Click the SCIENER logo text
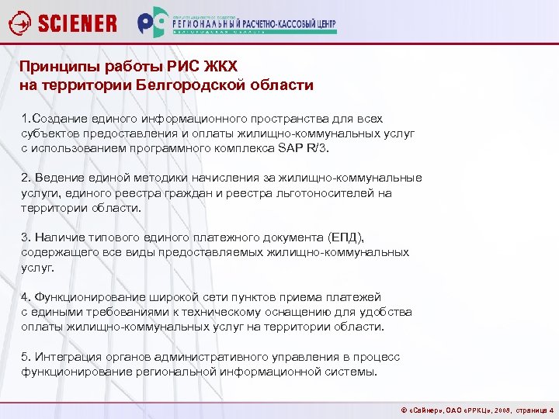(77, 23)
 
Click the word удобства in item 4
(388, 312)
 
